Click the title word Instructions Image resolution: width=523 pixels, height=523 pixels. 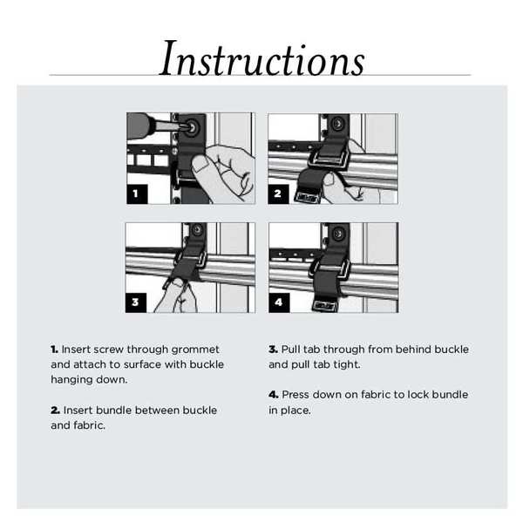tap(262, 59)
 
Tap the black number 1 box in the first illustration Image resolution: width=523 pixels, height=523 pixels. tap(136, 194)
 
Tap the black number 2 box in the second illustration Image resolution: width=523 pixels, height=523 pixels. tap(278, 194)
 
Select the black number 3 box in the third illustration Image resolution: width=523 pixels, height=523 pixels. tap(136, 302)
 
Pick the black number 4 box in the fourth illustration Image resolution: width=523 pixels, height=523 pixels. tap(278, 302)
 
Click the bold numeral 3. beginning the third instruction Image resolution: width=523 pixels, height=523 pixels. tap(273, 350)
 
